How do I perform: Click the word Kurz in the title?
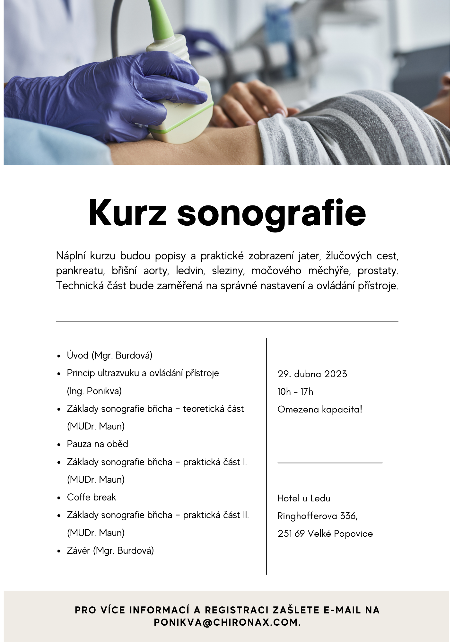click(x=127, y=213)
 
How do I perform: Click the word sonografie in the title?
click(x=271, y=213)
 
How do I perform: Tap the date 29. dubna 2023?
click(x=312, y=374)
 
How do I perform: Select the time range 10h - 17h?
click(x=295, y=392)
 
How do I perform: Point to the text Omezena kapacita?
click(x=320, y=409)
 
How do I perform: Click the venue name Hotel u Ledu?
click(x=304, y=498)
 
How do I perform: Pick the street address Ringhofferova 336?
click(x=317, y=516)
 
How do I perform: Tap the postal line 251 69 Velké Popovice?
click(x=325, y=534)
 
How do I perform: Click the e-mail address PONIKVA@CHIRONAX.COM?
click(x=227, y=622)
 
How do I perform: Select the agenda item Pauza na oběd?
click(x=97, y=444)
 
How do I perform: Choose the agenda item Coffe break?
click(x=91, y=497)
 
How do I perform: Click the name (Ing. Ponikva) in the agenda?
click(x=94, y=391)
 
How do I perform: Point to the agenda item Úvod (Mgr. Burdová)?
click(x=109, y=355)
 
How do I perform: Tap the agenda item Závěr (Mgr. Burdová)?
click(x=110, y=551)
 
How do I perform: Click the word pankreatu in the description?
click(x=80, y=271)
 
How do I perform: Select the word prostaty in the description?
click(x=378, y=271)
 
